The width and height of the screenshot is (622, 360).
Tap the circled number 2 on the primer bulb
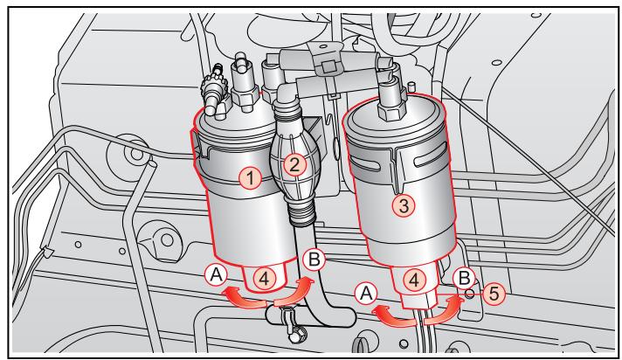coord(295,163)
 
